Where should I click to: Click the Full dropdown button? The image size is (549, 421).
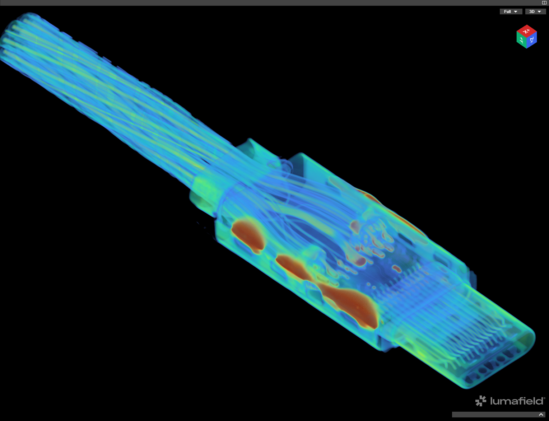pyautogui.click(x=511, y=11)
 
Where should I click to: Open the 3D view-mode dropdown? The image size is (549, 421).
pyautogui.click(x=535, y=11)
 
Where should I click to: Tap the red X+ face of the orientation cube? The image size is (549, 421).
pyautogui.click(x=526, y=31)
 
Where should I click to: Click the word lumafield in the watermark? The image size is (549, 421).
pyautogui.click(x=517, y=401)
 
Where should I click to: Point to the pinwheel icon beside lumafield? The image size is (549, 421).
pyautogui.click(x=481, y=401)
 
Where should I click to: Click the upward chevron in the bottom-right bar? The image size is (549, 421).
pyautogui.click(x=541, y=415)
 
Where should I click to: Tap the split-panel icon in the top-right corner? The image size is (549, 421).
pyautogui.click(x=544, y=3)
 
